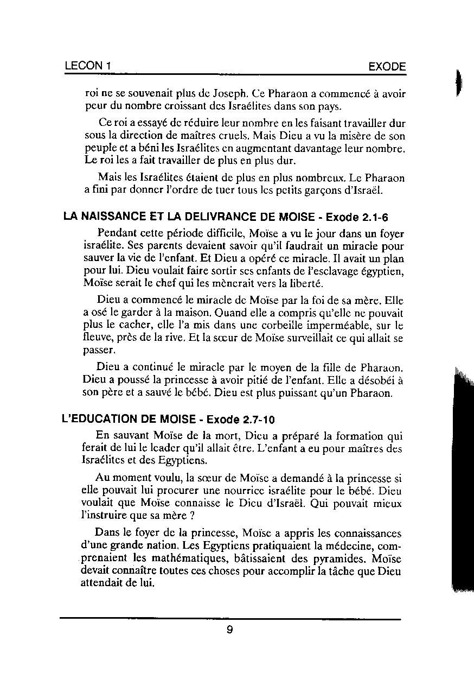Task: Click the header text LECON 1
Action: (x=88, y=66)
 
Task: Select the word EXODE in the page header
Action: (x=387, y=67)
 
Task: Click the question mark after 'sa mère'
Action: (x=192, y=516)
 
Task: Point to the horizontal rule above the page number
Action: (x=230, y=618)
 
